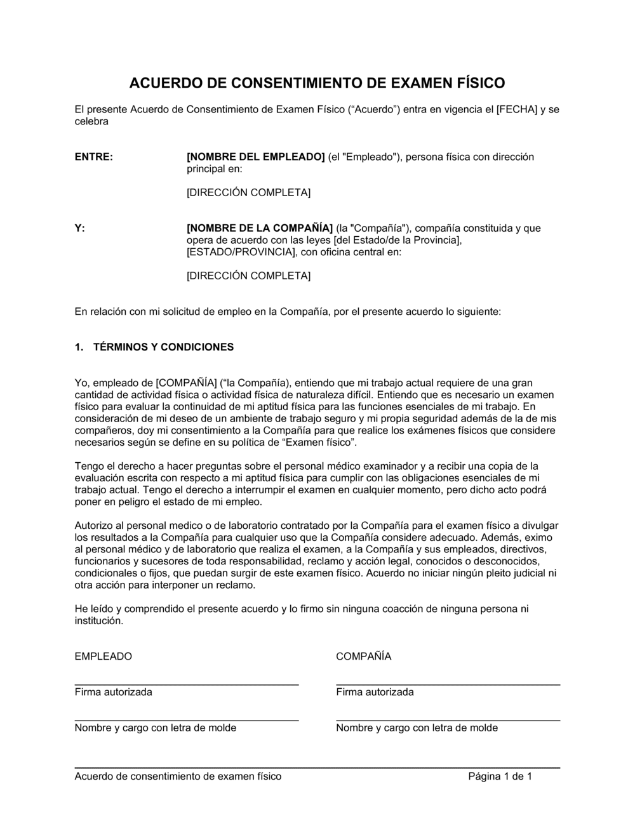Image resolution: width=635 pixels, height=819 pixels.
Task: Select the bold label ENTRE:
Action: click(94, 157)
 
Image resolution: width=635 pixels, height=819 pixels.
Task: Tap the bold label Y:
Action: click(80, 228)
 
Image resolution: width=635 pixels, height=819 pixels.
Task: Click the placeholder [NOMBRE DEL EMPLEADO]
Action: click(255, 157)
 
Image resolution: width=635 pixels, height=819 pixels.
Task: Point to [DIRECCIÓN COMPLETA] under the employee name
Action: click(248, 192)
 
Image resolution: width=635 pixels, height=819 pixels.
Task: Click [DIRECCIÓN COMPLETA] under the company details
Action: click(248, 276)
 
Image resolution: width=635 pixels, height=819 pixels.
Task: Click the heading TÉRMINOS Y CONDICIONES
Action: click(163, 347)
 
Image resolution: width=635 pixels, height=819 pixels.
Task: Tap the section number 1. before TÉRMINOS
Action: click(79, 347)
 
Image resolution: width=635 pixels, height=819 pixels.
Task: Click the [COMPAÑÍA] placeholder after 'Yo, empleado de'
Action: click(186, 383)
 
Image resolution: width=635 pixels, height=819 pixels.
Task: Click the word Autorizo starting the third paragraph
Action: click(93, 525)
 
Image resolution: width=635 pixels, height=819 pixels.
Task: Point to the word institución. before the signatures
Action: click(98, 621)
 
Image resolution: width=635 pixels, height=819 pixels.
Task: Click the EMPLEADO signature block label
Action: click(104, 656)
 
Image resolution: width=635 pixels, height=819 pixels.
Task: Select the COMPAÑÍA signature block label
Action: click(363, 656)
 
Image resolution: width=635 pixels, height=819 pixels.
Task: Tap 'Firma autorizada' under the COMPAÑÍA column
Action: click(375, 692)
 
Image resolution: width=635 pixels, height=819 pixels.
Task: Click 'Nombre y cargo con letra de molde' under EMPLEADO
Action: click(155, 728)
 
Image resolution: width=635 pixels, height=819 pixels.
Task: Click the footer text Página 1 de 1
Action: click(500, 776)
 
